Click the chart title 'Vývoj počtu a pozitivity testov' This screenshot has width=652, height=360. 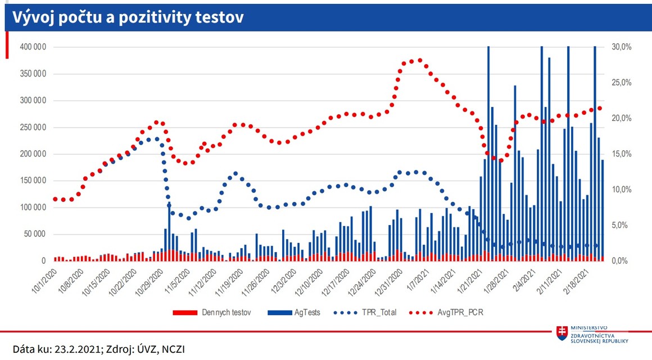pyautogui.click(x=124, y=17)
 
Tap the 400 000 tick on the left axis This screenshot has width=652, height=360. pyautogui.click(x=33, y=47)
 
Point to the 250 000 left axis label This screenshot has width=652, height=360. pyautogui.click(x=33, y=127)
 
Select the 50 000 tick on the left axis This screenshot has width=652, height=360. pyautogui.click(x=34, y=234)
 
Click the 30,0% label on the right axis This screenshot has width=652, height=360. pyautogui.click(x=622, y=47)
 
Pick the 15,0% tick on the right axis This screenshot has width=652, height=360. pyautogui.click(x=622, y=154)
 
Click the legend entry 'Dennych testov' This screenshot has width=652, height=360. pyautogui.click(x=225, y=312)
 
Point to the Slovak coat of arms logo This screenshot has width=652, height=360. pyautogui.click(x=562, y=332)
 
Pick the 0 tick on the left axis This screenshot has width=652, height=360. pyautogui.click(x=43, y=261)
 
